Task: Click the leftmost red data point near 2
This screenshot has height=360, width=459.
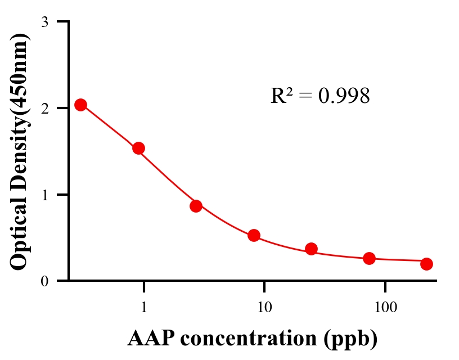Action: pyautogui.click(x=80, y=105)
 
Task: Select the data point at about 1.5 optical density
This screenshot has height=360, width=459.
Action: pyautogui.click(x=138, y=148)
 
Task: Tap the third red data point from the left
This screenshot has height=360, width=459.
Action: pyautogui.click(x=196, y=206)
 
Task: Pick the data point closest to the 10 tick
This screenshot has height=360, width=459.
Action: pyautogui.click(x=254, y=235)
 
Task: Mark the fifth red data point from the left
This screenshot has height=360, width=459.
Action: pyautogui.click(x=311, y=249)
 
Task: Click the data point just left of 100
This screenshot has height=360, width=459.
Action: pyautogui.click(x=369, y=258)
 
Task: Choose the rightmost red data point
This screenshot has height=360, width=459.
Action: pyautogui.click(x=426, y=264)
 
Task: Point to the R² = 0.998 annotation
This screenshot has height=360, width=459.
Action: pyautogui.click(x=320, y=96)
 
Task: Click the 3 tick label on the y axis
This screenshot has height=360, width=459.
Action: pyautogui.click(x=45, y=22)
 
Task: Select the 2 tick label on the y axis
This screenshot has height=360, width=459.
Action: pyautogui.click(x=45, y=108)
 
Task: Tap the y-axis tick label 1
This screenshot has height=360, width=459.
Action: pyautogui.click(x=45, y=195)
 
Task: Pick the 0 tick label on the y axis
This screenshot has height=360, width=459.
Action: pyautogui.click(x=45, y=281)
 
